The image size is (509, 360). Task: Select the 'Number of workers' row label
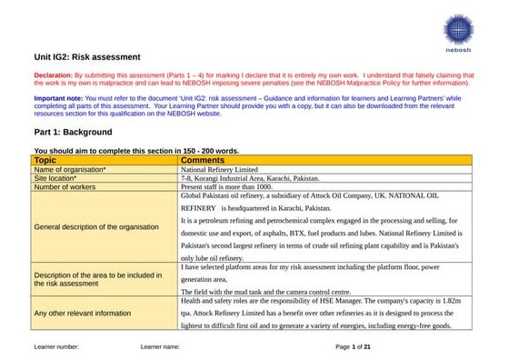66,187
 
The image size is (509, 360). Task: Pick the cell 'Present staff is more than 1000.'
239,187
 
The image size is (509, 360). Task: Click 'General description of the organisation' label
96,226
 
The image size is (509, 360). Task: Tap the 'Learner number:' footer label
56,347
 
